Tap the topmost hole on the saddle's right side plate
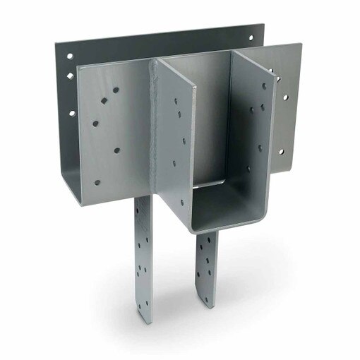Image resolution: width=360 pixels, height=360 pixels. tap(265, 86)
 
